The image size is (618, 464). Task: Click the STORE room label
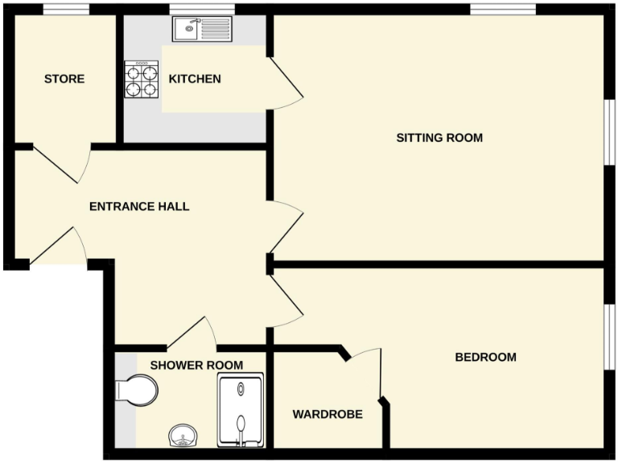tap(64, 79)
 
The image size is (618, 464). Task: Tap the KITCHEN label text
tap(195, 79)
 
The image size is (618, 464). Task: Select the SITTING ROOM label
tap(439, 138)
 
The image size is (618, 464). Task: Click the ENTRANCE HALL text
tap(139, 207)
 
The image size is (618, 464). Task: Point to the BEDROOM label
tap(485, 357)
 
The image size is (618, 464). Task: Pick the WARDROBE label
tap(327, 415)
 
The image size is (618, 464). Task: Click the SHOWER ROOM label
tap(196, 365)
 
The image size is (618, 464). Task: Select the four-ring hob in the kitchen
tap(142, 80)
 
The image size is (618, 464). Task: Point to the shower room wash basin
tap(183, 437)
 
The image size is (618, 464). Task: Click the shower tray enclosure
tap(241, 409)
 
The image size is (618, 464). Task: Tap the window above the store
tap(66, 10)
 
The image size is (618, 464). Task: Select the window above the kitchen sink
tap(196, 10)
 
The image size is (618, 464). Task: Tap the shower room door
tap(190, 331)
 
